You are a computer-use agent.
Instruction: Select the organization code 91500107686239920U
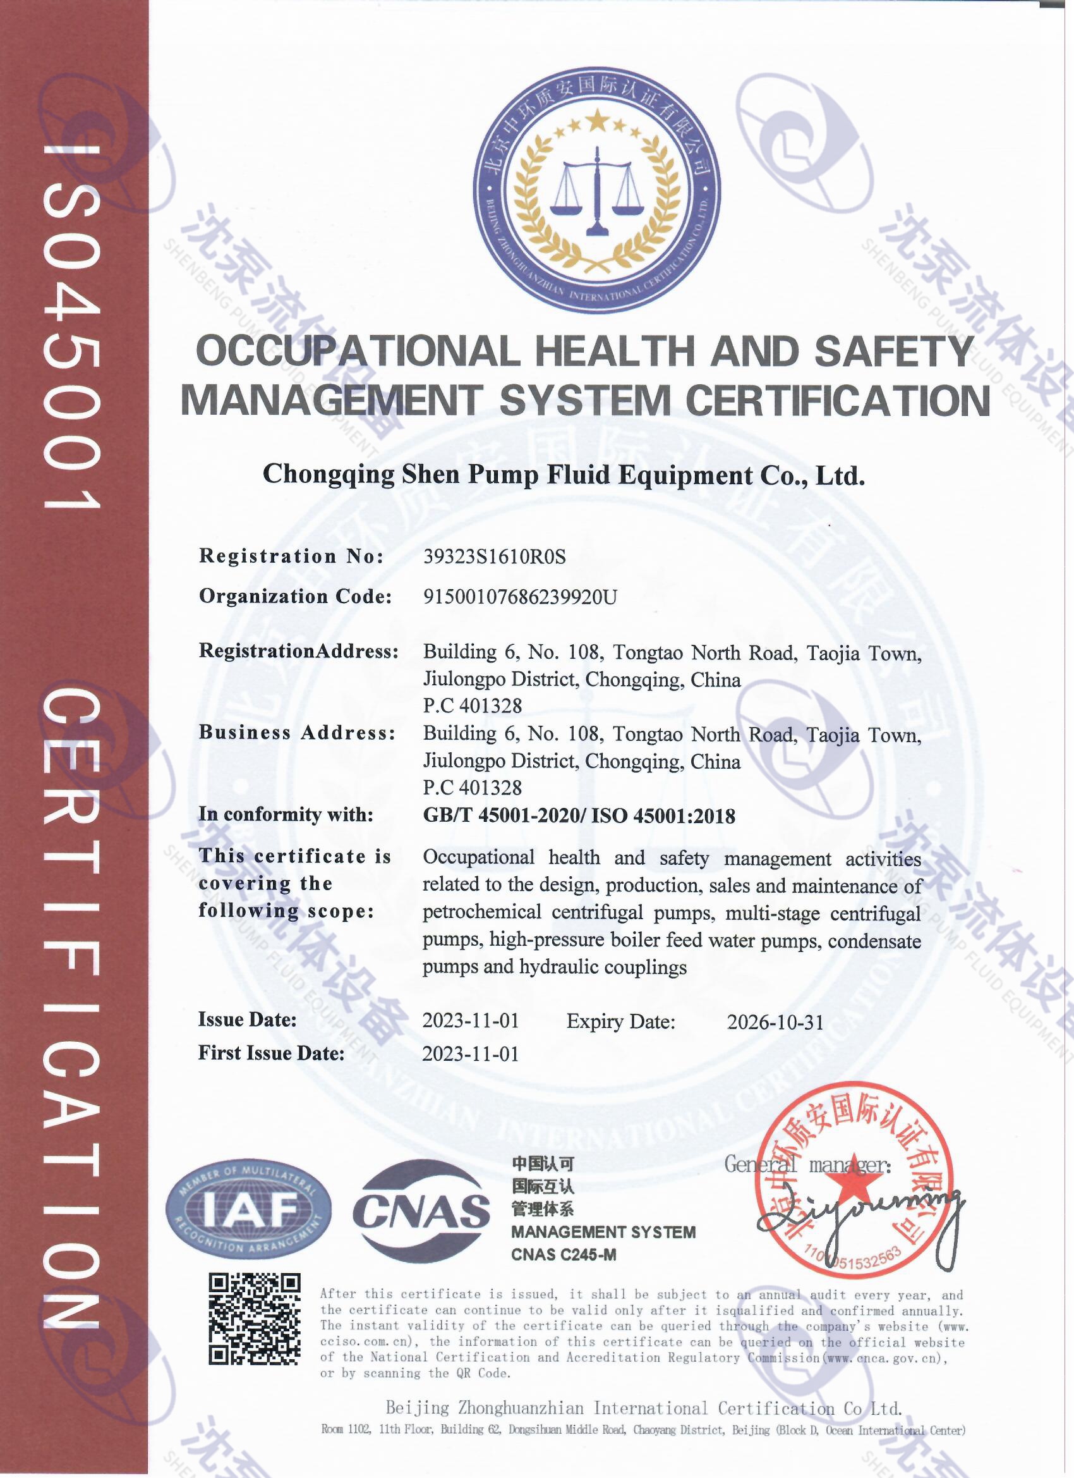520,596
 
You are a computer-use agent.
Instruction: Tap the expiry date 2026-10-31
775,1022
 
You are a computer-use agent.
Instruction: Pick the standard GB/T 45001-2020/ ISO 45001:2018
579,815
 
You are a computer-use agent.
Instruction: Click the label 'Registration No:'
291,556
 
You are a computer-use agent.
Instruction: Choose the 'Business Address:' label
297,733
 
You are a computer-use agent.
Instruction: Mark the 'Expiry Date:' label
620,1021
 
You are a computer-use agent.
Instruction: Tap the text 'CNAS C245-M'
564,1254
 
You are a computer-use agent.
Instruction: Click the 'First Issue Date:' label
271,1053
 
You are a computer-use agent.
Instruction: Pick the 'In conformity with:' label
286,815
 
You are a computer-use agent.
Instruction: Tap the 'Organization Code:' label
295,596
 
